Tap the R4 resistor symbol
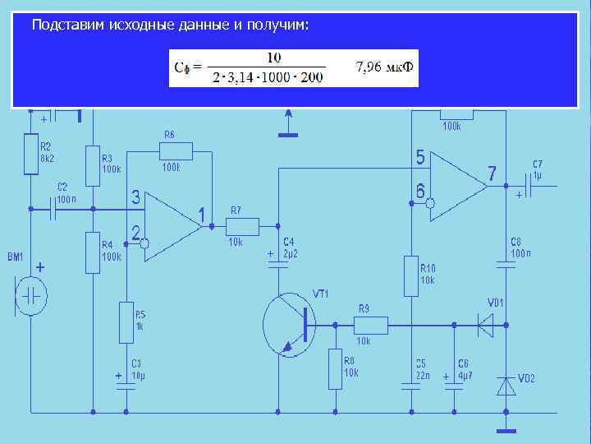93,252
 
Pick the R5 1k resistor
126,318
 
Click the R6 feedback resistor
176,150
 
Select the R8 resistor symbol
335,369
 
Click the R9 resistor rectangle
370,325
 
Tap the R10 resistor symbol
411,275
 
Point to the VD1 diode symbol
486,325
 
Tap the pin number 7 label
492,174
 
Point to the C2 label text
62,187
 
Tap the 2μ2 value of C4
289,253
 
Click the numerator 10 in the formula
274,58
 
